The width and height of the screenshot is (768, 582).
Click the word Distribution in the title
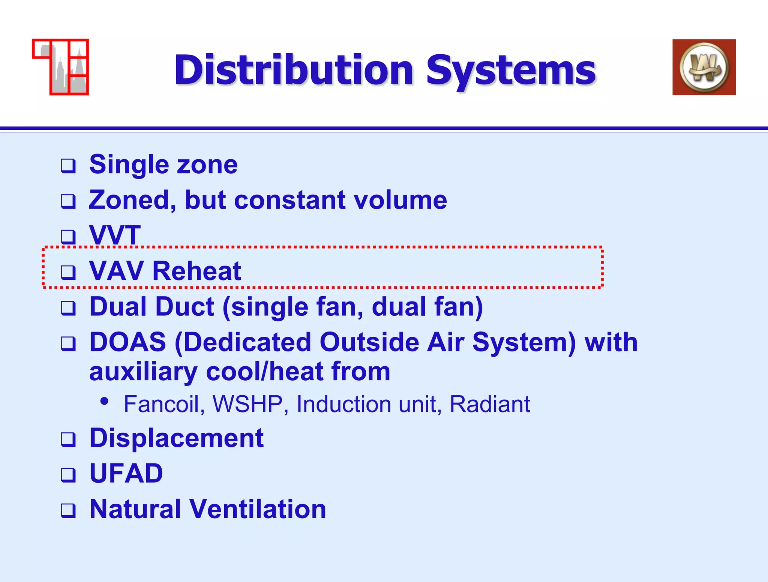pos(294,70)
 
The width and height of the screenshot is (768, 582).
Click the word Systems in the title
pos(511,70)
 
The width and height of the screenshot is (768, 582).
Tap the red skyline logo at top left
pos(61,67)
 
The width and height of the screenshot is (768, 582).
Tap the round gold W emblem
pos(704,67)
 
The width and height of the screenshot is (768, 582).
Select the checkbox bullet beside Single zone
pos(68,166)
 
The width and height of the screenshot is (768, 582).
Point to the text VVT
pos(115,235)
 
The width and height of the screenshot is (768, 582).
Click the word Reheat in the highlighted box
pos(196,271)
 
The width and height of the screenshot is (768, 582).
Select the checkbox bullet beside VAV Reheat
pos(68,272)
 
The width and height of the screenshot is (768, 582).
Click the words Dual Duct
pos(152,307)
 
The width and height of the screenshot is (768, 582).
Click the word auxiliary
pos(143,372)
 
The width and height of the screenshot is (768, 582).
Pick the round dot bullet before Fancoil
pos(105,401)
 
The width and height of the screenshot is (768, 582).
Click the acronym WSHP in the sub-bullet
pos(247,404)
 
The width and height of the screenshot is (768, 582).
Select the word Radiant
pos(489,404)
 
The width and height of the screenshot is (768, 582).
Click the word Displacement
pos(176,438)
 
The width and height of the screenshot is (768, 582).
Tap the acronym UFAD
pos(126,473)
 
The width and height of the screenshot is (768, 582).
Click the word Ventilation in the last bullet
pos(258,509)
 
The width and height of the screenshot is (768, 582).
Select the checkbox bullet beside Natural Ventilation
pos(68,510)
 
